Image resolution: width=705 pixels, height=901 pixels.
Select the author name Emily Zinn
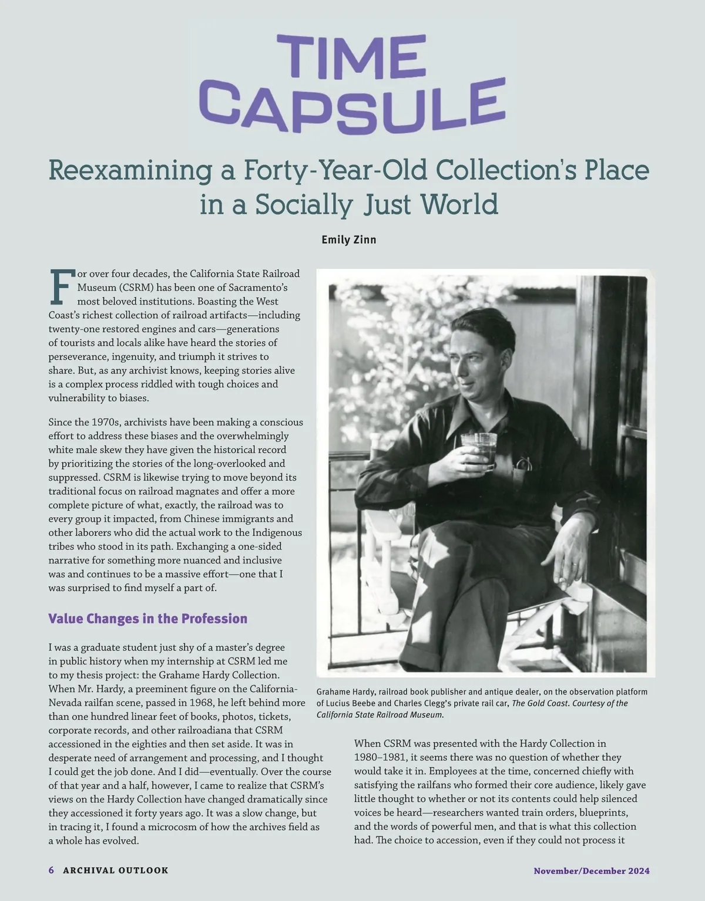coord(348,239)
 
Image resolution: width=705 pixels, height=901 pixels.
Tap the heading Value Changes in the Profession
coord(147,619)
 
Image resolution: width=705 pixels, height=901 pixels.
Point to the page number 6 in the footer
coord(51,870)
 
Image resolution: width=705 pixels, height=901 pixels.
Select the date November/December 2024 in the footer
coord(591,871)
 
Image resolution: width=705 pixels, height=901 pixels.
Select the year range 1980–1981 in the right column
coord(379,758)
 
